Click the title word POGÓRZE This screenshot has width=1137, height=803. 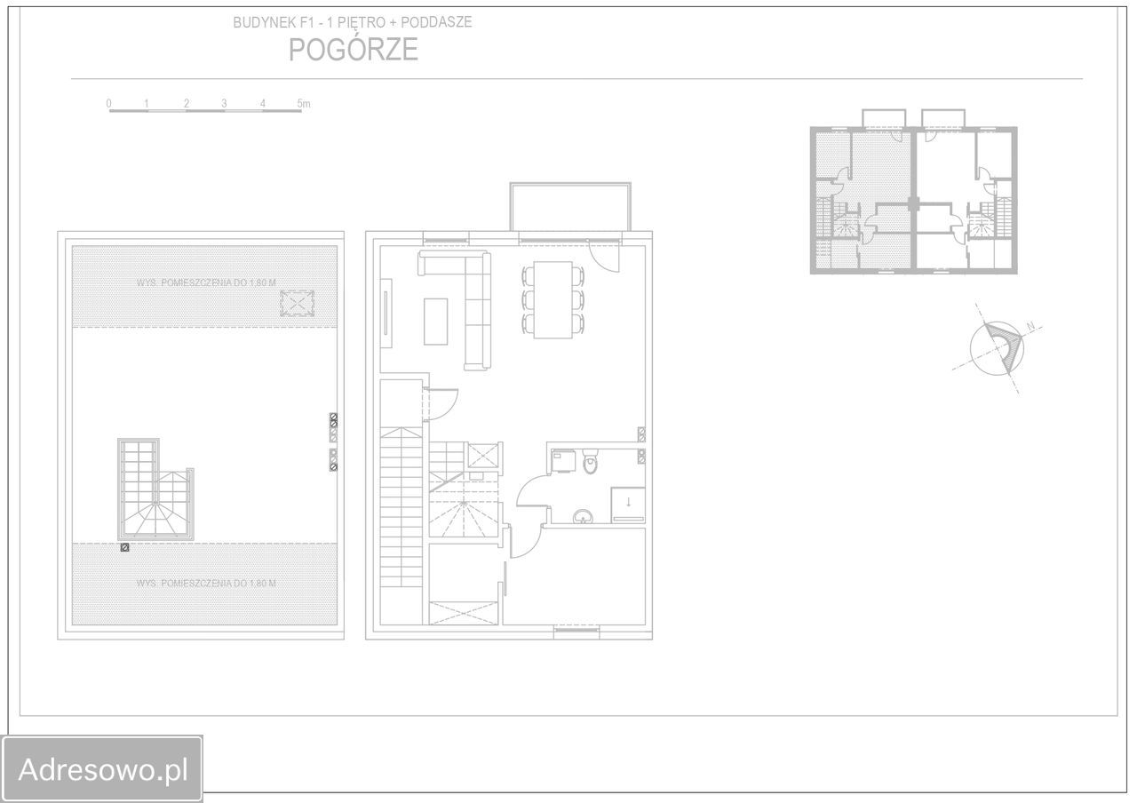click(354, 49)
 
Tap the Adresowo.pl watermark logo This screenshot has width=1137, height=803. click(102, 768)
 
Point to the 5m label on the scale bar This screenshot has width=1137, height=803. click(304, 104)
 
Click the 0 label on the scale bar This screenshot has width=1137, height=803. click(108, 104)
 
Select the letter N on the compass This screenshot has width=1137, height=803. click(1030, 326)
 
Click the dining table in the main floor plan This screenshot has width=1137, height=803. click(553, 299)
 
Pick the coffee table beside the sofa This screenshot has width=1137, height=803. click(435, 322)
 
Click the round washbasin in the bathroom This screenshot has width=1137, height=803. click(583, 517)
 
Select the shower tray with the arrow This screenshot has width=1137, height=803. click(628, 505)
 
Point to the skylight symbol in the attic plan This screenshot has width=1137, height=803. click(297, 304)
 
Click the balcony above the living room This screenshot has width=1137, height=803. click(570, 207)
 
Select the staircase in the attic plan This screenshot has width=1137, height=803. click(155, 489)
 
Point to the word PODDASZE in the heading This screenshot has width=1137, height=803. click(436, 22)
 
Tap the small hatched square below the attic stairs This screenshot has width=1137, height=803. click(125, 548)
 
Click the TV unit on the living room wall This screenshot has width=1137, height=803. click(386, 313)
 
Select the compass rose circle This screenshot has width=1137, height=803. click(997, 349)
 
